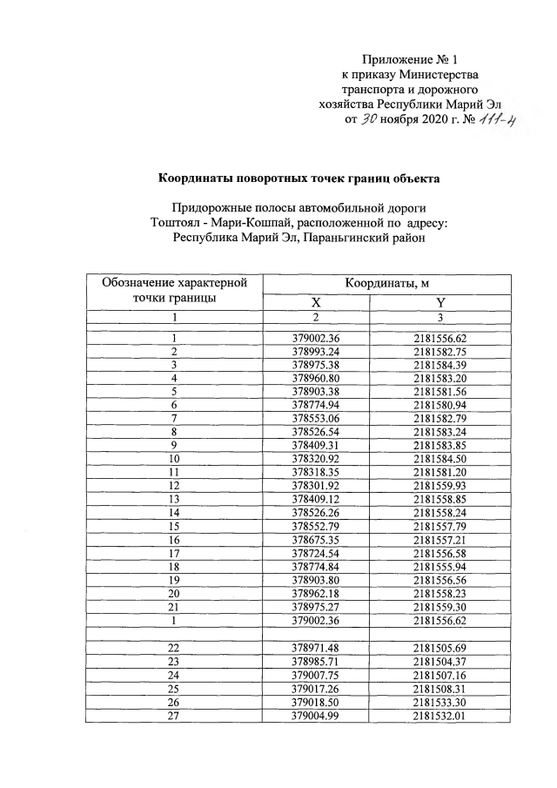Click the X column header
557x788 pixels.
[x=317, y=303]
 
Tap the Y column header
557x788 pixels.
[x=440, y=303]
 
